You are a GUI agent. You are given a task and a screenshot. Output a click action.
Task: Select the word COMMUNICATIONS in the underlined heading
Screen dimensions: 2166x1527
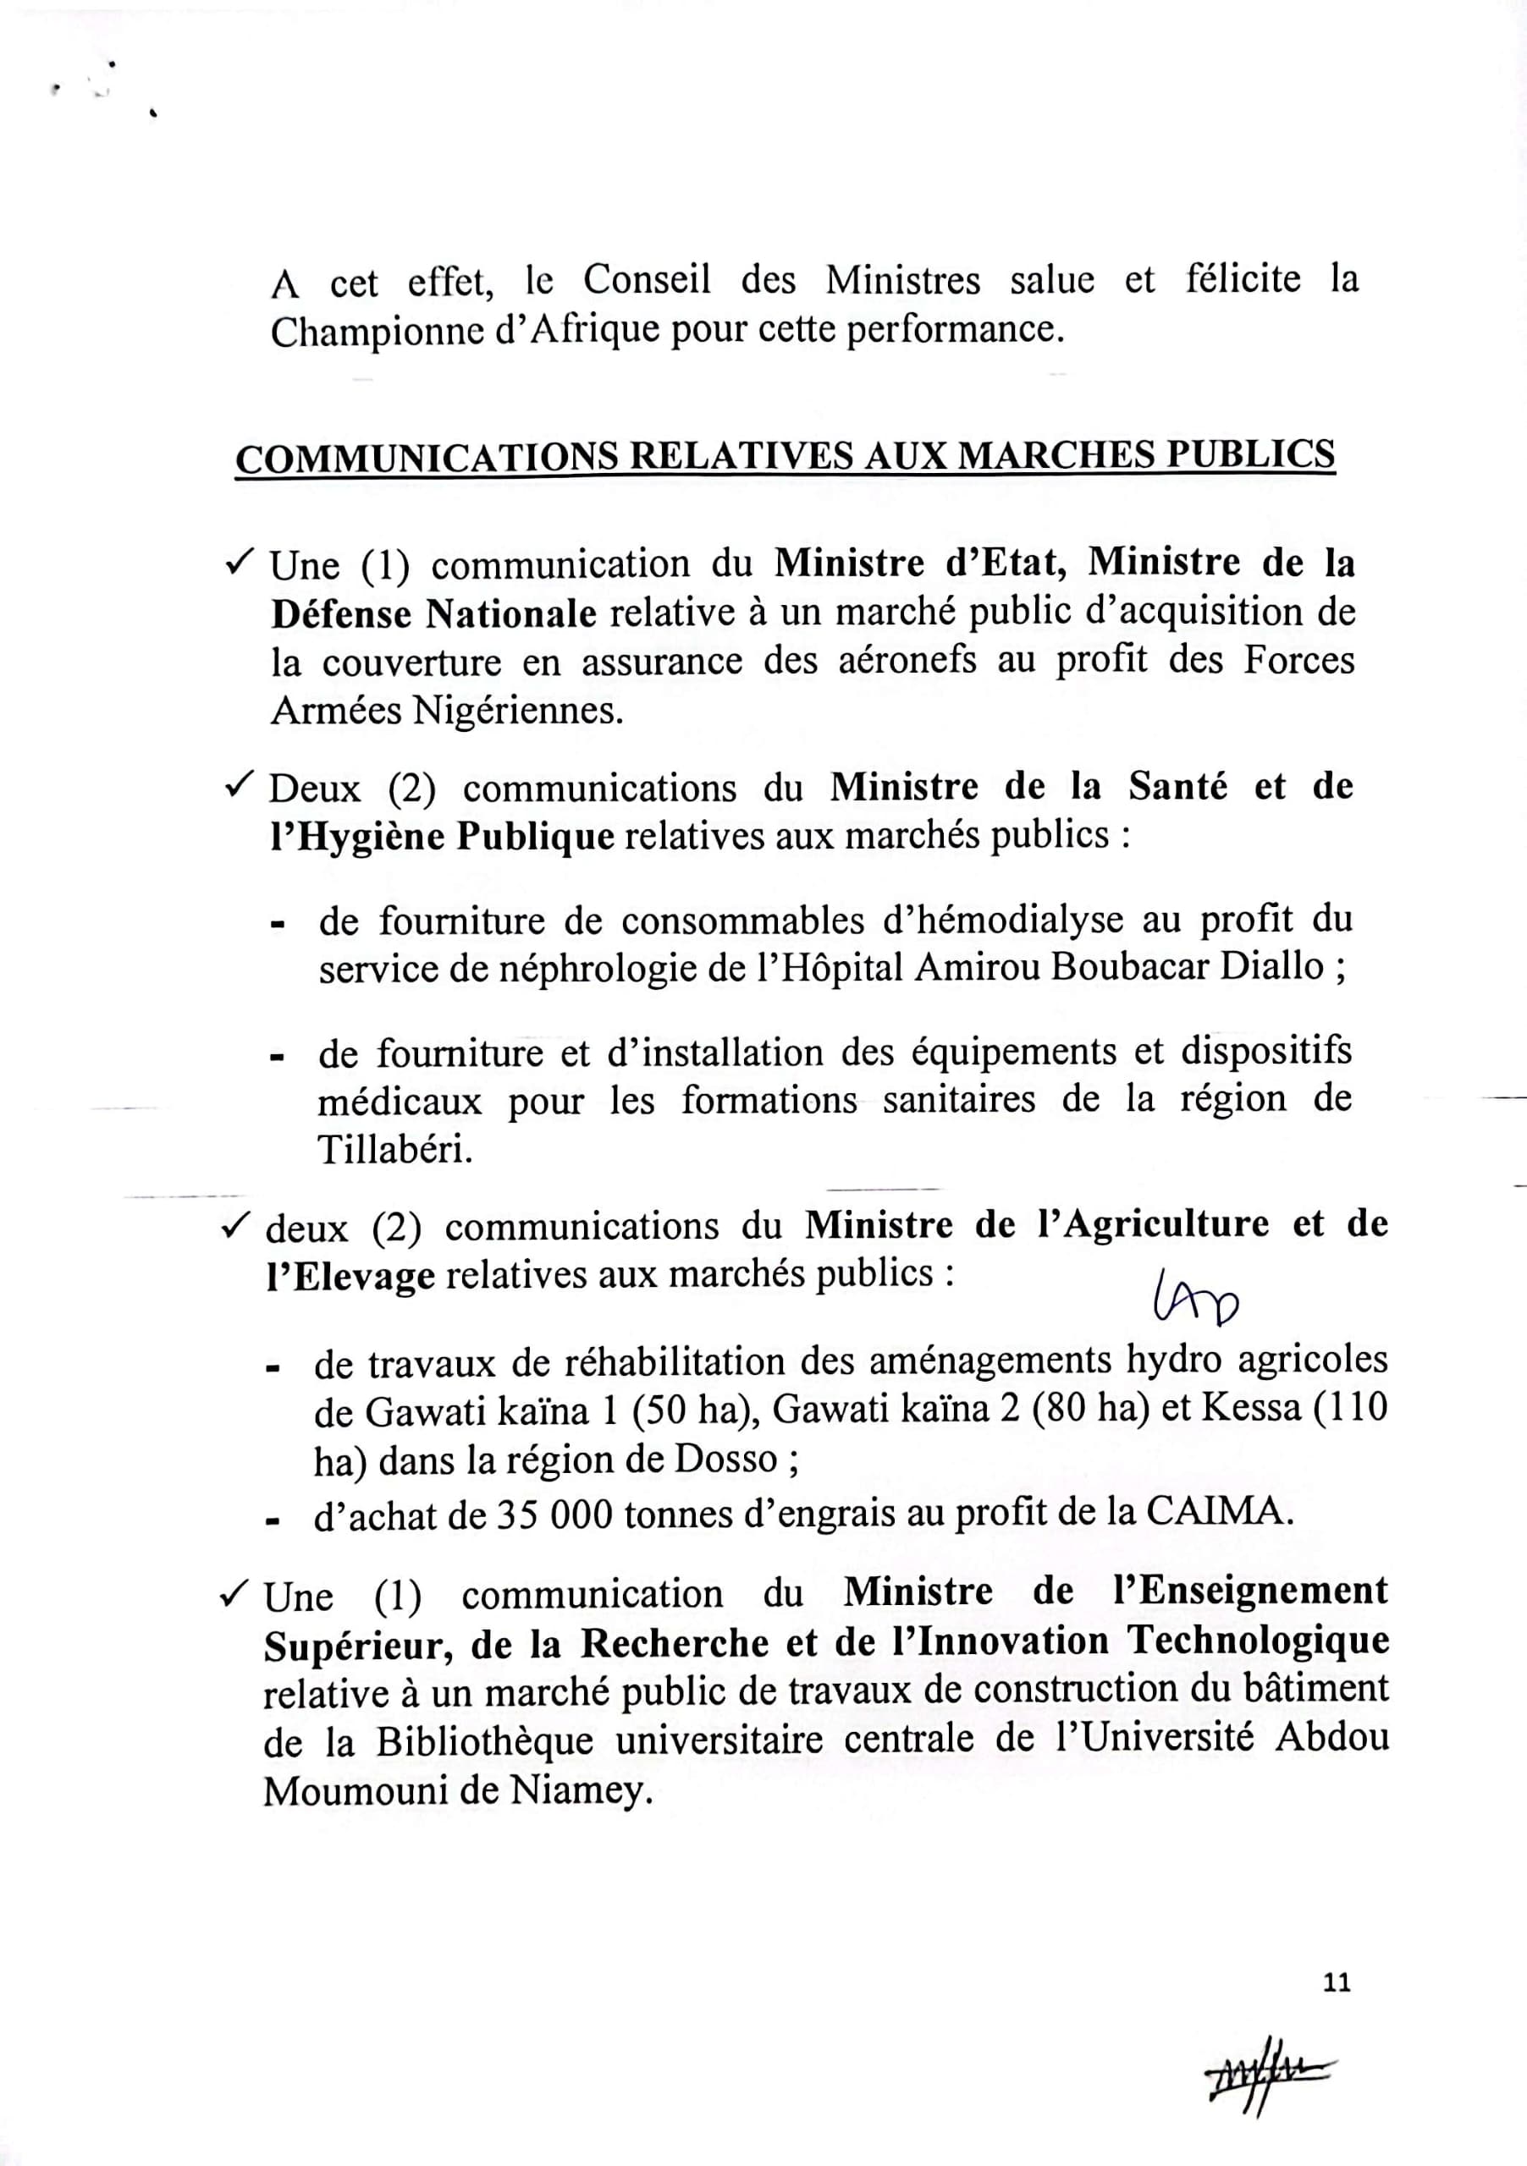(426, 459)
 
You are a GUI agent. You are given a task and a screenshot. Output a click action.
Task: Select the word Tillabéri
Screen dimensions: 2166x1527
(394, 1149)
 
